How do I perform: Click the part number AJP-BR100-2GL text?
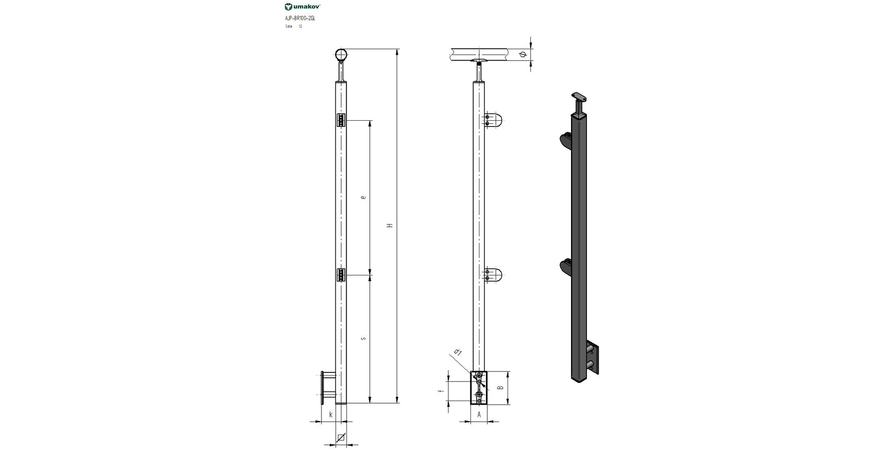[x=300, y=18]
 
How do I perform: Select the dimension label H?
[x=390, y=226]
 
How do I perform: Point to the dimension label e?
[x=363, y=197]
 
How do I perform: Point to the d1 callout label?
[x=458, y=353]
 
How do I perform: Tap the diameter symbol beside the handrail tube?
[x=522, y=55]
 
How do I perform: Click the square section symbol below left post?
[x=342, y=438]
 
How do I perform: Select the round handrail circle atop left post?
[x=342, y=55]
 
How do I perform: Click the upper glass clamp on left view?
[x=341, y=121]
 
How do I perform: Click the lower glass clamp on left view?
[x=341, y=275]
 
